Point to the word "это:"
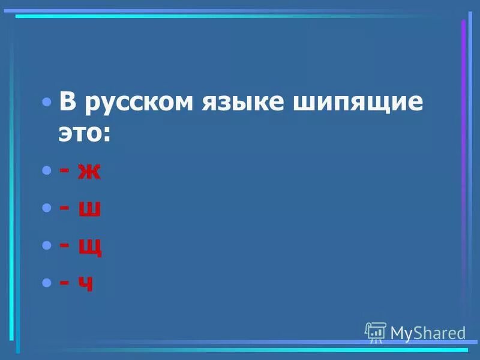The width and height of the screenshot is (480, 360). [85, 134]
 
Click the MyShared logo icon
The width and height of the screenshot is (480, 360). [375, 331]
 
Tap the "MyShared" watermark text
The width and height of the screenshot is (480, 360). [428, 332]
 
